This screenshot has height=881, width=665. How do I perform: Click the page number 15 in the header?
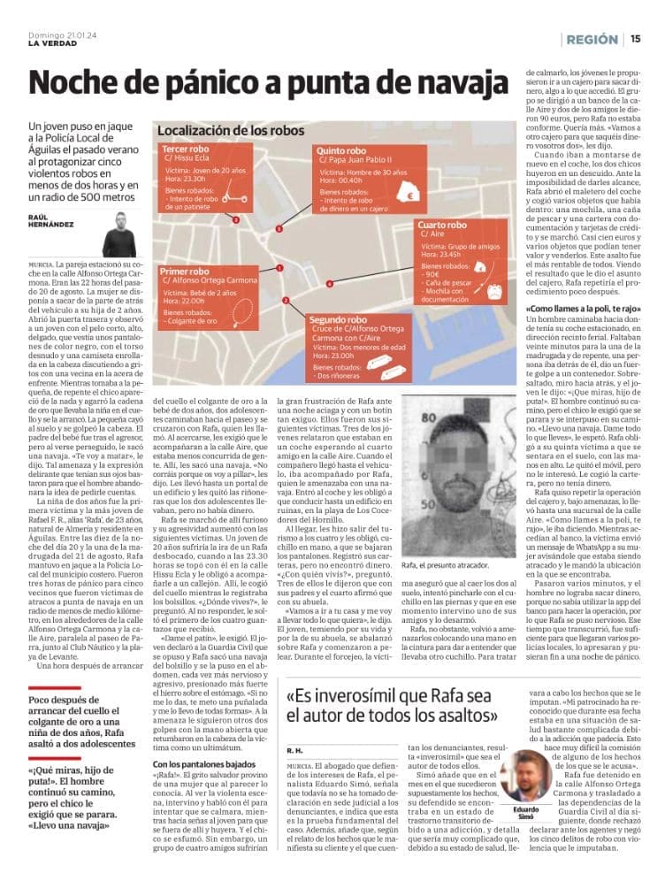tap(636, 40)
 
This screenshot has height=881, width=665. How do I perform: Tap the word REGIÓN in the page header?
tap(592, 40)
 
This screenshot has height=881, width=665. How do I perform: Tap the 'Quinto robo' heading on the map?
tap(340, 151)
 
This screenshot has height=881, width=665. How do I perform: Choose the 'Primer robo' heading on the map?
tap(185, 271)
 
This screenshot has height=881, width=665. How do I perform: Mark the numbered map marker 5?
tap(279, 229)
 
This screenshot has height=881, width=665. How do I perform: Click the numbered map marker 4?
tap(329, 284)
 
